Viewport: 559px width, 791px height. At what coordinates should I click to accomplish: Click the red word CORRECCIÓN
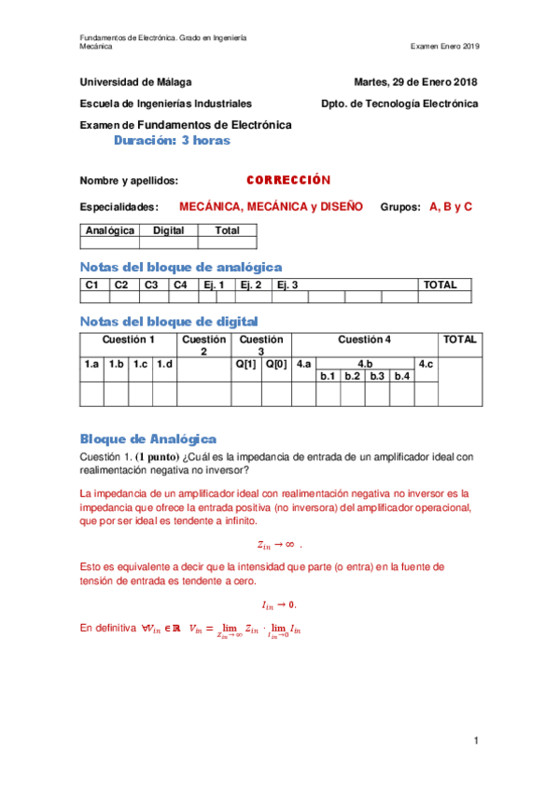(x=288, y=180)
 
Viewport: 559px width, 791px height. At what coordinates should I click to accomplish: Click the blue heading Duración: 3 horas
(x=171, y=141)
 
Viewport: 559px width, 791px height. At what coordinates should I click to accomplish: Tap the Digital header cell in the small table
(x=168, y=230)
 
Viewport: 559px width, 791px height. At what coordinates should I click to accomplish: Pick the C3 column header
(x=152, y=285)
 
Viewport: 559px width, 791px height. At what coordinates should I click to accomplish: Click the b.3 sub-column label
(x=377, y=376)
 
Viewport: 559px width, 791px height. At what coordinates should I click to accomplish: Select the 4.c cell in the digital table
(x=426, y=364)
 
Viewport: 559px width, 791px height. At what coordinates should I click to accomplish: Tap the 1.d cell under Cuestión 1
(x=164, y=364)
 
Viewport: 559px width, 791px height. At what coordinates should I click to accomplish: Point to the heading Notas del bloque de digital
(x=169, y=322)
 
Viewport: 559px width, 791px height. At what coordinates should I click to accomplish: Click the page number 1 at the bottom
(x=475, y=741)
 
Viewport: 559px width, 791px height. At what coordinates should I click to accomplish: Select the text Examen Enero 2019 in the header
(x=444, y=47)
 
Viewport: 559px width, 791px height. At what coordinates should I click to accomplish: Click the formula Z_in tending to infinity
(x=279, y=544)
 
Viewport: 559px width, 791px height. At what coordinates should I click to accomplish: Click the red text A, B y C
(x=451, y=206)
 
